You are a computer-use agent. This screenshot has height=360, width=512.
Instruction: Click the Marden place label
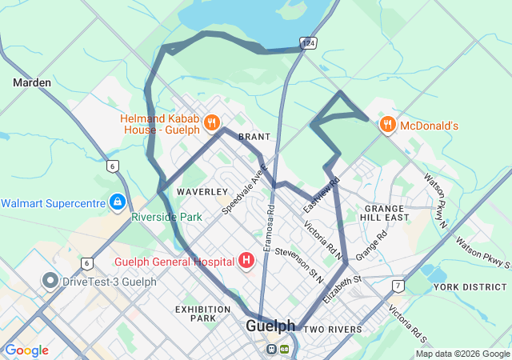point(32,82)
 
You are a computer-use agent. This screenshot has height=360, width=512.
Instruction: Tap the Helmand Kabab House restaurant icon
point(212,123)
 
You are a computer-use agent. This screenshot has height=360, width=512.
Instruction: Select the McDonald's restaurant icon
point(388,124)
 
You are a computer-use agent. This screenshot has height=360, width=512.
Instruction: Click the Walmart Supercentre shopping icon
point(118,201)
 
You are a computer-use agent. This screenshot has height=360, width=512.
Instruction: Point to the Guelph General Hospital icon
point(246,261)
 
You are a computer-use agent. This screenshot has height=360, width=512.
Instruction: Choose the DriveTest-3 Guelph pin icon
point(50,281)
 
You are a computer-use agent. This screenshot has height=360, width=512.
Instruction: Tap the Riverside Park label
point(167,217)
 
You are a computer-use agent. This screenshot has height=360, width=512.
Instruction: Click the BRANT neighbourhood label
point(254,137)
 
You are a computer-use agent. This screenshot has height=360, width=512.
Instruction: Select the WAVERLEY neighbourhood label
point(202,192)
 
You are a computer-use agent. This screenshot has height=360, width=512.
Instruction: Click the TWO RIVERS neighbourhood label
point(333,330)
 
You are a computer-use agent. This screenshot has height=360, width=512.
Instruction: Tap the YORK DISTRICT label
point(465,286)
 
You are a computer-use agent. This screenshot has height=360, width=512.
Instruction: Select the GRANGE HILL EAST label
point(384,213)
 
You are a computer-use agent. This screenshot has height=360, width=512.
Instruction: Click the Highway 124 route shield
point(308,41)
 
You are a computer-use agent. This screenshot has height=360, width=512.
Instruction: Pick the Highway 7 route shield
point(398,286)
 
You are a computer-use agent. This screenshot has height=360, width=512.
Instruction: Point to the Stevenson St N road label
point(298,266)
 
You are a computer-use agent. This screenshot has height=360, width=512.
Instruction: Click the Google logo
point(26,350)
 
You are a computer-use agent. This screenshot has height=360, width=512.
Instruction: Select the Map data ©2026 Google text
point(462,354)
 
